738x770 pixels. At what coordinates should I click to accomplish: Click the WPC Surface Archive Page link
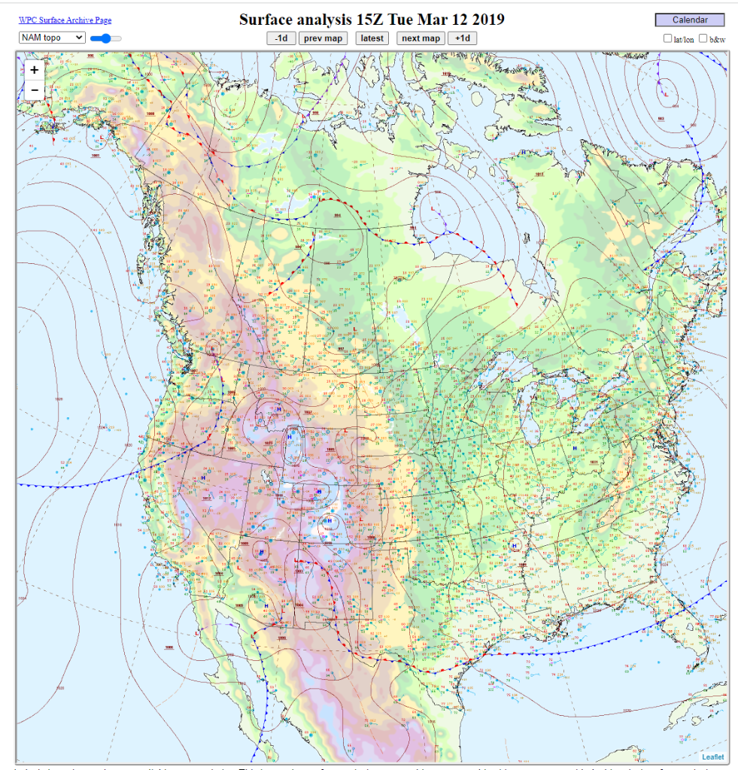click(x=65, y=20)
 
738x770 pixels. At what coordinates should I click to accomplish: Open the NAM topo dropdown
click(x=52, y=38)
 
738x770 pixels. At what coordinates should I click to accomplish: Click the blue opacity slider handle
click(x=106, y=38)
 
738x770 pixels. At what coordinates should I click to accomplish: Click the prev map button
click(x=323, y=38)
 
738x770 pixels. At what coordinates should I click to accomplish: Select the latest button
click(x=372, y=38)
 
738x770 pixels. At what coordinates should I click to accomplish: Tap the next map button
click(x=421, y=38)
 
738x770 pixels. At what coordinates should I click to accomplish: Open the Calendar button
click(x=689, y=20)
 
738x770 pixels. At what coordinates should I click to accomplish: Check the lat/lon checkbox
click(x=667, y=38)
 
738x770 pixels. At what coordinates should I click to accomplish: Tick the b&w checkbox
click(x=703, y=38)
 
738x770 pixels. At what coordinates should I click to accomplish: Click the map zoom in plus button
click(x=35, y=69)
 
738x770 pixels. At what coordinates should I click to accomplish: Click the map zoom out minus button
click(x=35, y=90)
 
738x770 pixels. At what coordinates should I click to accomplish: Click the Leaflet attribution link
click(x=713, y=756)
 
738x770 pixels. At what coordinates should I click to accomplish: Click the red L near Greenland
click(x=666, y=95)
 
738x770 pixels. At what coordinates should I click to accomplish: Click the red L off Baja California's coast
click(x=197, y=633)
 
